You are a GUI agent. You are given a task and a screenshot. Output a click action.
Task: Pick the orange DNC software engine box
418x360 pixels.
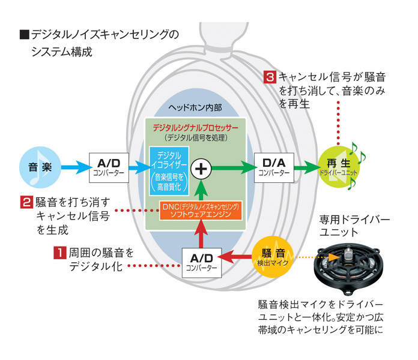[x=201, y=210]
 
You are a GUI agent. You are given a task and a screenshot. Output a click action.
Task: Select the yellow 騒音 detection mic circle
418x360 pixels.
[x=275, y=256]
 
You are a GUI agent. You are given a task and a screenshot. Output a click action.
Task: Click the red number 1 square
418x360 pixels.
[x=59, y=253]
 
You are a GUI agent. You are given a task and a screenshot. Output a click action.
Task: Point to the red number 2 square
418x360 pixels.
[x=26, y=202]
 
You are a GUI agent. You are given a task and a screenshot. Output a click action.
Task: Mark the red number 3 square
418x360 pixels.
[x=270, y=77]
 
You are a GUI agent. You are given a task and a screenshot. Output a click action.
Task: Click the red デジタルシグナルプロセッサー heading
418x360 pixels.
[x=196, y=128]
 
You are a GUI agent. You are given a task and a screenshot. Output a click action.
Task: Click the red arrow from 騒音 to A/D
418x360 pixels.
[x=236, y=257]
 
